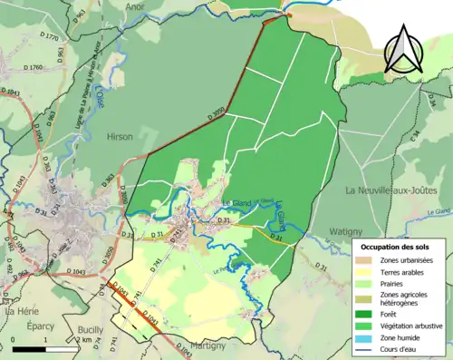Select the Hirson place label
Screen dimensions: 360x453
(x=120, y=136)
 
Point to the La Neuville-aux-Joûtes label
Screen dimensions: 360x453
(x=390, y=190)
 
